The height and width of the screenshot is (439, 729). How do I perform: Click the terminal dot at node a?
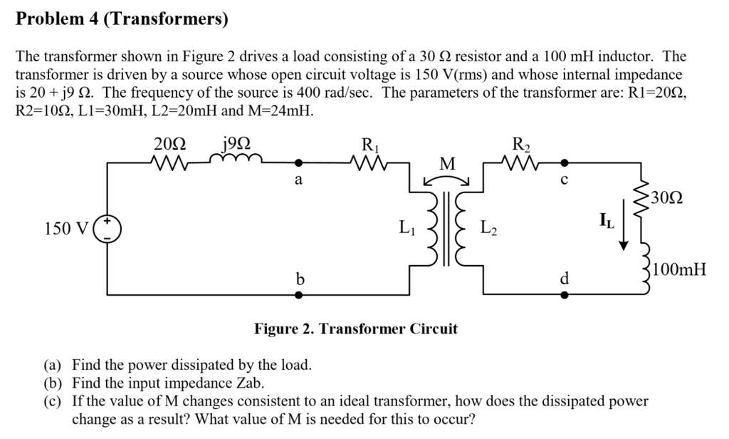coord(299,162)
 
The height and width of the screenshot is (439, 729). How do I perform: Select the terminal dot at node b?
coord(299,293)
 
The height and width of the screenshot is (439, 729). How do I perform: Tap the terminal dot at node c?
coord(565,162)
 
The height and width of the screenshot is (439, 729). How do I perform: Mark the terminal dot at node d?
coord(565,293)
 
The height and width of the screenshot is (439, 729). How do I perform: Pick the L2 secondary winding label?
coord(489,229)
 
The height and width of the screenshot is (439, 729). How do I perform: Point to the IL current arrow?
coord(624,229)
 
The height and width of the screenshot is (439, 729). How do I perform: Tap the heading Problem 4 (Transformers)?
coord(122,19)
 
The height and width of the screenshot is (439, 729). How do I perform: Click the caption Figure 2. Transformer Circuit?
coord(356,329)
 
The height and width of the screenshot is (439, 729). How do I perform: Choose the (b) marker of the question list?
coord(54,382)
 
